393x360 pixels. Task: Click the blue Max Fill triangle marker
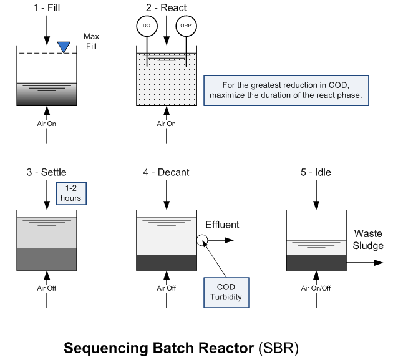click(64, 47)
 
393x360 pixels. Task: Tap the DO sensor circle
click(146, 26)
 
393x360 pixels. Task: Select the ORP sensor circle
click(185, 26)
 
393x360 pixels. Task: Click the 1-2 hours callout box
click(70, 193)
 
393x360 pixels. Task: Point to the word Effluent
click(222, 225)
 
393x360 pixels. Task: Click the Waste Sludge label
click(368, 240)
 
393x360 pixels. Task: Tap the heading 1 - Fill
click(46, 9)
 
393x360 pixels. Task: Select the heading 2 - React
click(166, 9)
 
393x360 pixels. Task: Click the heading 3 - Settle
click(46, 172)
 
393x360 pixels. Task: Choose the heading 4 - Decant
click(166, 172)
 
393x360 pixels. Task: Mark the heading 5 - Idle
click(316, 172)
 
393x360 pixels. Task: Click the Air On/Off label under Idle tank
click(316, 288)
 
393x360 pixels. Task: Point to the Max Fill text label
click(92, 42)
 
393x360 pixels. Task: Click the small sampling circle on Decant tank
click(202, 240)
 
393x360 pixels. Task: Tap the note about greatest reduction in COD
click(286, 90)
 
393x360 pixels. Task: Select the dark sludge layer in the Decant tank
click(166, 262)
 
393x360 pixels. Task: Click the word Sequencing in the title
click(99, 346)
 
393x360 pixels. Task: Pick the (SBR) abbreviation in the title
click(275, 346)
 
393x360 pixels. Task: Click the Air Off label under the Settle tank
click(46, 288)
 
